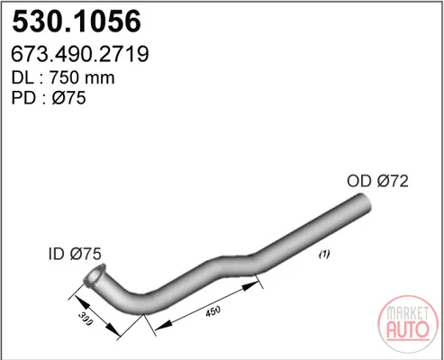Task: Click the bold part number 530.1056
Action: pos(77,22)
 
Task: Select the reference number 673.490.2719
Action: pos(80,54)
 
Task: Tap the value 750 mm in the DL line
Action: pos(82,77)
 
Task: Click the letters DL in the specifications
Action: pos(23,77)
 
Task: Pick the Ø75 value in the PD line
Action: pos(68,98)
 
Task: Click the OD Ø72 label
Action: pos(377,181)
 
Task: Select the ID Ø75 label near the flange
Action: pos(75,254)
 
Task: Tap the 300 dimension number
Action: pos(86,319)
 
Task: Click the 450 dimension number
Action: pos(213,311)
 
